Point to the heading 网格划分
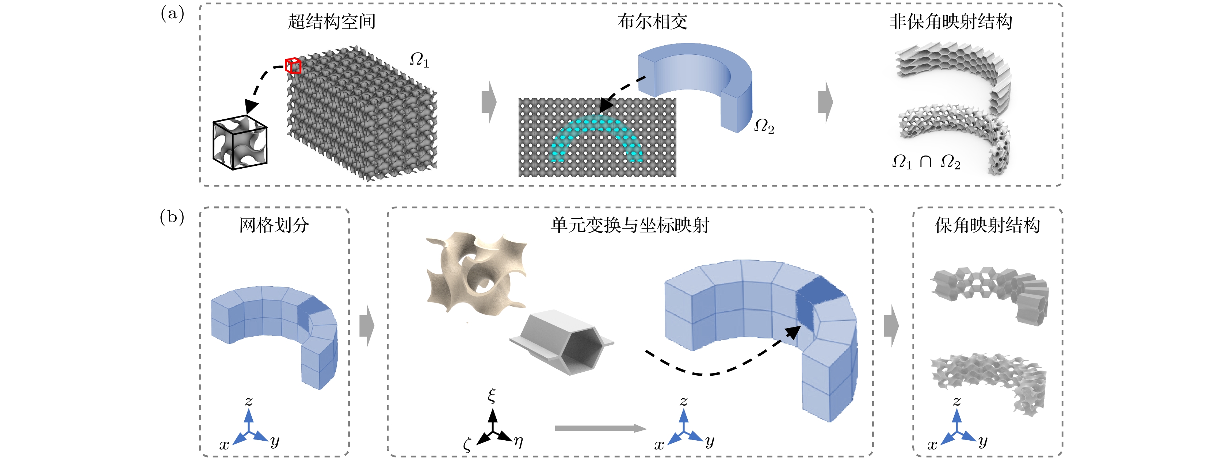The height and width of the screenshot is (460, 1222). coord(274,225)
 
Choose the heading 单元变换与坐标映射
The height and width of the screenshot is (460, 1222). coord(630,225)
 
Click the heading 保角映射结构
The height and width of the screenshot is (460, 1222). coord(988,225)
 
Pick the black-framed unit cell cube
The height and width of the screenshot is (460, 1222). coord(240,142)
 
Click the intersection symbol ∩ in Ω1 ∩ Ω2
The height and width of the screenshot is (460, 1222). coord(925,162)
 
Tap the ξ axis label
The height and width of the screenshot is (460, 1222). coord(492,395)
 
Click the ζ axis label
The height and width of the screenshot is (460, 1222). coord(467,445)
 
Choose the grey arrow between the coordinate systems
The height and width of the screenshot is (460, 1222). coord(600,428)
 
